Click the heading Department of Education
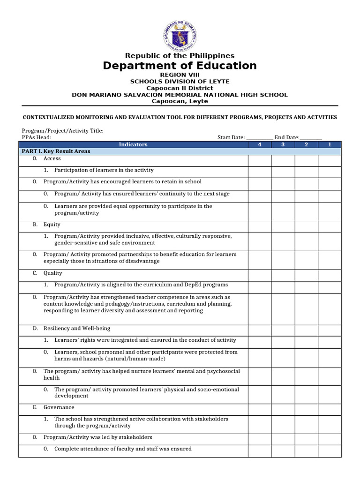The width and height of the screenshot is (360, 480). coord(180,66)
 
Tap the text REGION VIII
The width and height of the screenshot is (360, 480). coord(180,75)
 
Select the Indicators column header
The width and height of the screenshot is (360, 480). coord(133,145)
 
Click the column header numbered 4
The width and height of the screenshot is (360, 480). coord(259,145)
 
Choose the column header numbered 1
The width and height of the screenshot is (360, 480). coord(330,145)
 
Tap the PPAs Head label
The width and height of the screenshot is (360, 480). coord(37,137)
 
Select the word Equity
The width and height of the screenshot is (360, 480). coord(52,225)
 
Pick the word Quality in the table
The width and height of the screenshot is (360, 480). coord(52,273)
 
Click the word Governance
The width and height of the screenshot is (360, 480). coord(59,407)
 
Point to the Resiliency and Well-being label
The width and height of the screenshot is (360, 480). coord(77,329)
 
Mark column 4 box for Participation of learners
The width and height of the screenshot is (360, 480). coord(259,170)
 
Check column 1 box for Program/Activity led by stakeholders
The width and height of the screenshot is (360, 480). coord(330,437)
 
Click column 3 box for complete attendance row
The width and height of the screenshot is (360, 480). coord(283,449)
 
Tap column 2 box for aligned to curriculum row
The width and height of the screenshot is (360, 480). coord(306,285)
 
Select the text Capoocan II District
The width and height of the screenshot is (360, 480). coord(180,88)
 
